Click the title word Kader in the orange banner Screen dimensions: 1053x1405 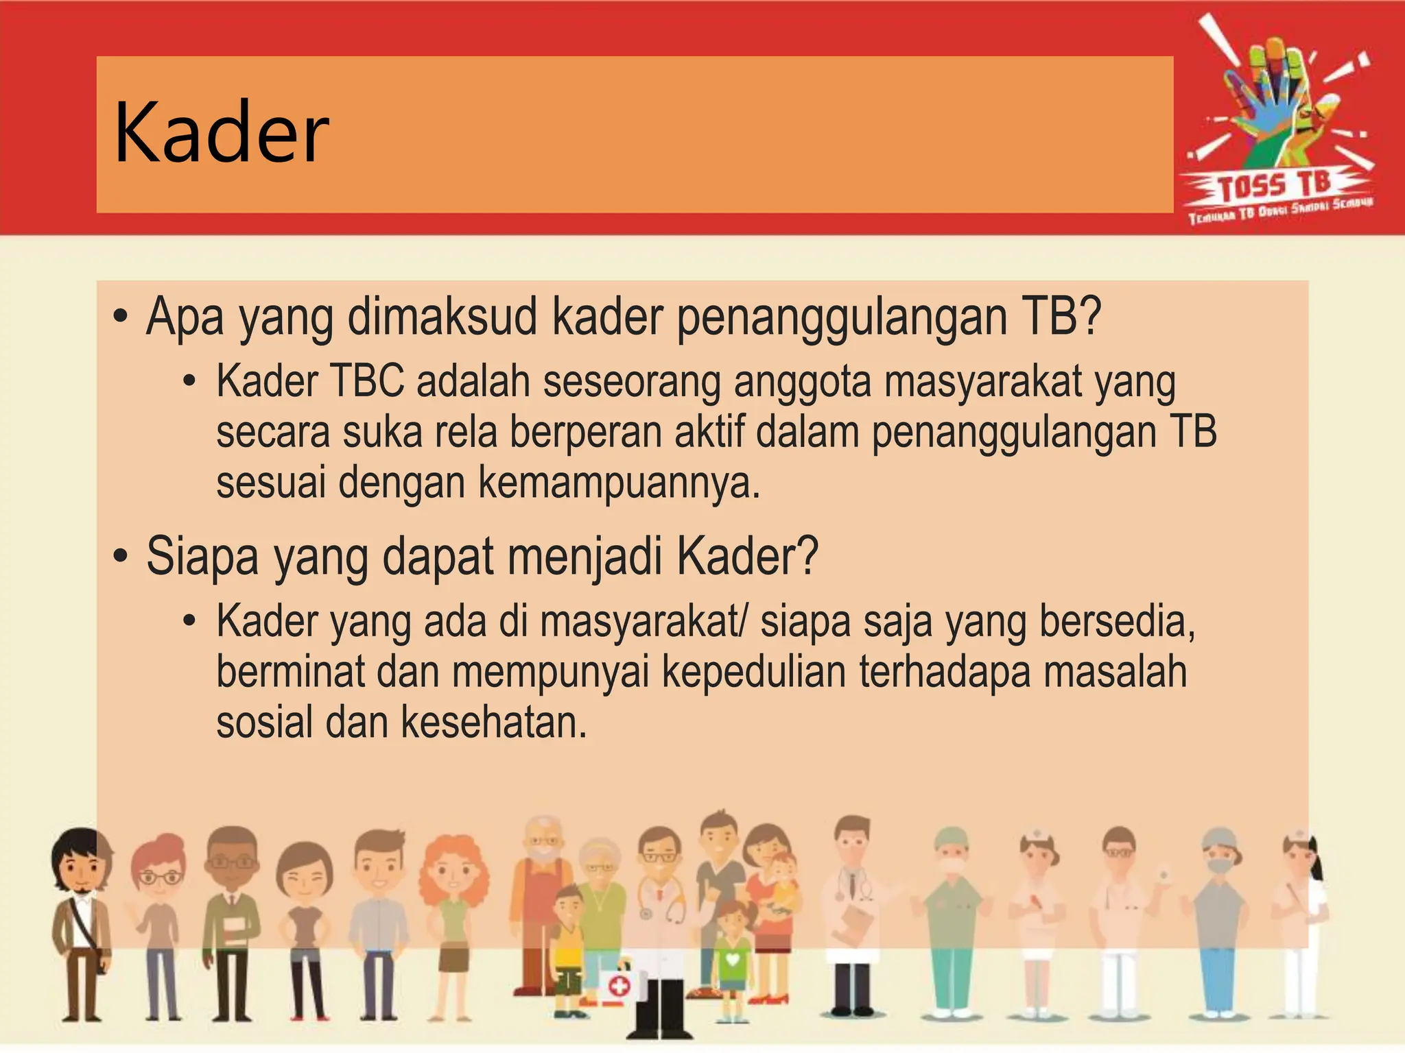click(x=221, y=134)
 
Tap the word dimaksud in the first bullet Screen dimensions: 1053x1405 click(x=442, y=317)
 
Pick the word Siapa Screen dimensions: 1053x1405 click(x=202, y=556)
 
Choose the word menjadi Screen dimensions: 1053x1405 click(x=585, y=556)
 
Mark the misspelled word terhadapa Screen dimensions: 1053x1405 click(x=945, y=672)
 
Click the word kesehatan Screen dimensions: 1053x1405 click(x=494, y=723)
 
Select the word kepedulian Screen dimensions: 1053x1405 click(x=754, y=672)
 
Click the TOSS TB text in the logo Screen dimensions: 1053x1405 click(x=1275, y=186)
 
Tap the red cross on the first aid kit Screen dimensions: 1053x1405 click(x=619, y=987)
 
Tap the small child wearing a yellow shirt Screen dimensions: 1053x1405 click(x=567, y=946)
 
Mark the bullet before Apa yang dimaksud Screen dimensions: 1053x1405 click(x=121, y=317)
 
